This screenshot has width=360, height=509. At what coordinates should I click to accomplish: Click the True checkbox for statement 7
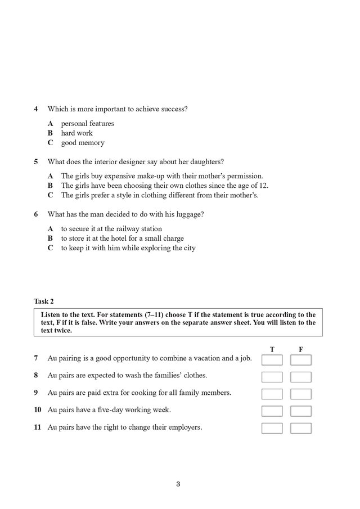tap(272, 360)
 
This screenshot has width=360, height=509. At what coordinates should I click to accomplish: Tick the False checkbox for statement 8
tap(301, 377)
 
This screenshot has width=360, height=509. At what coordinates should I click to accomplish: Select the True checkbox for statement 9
tap(272, 394)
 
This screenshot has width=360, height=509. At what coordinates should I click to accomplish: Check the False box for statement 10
tap(301, 411)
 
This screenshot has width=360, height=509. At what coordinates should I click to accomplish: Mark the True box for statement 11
tap(272, 428)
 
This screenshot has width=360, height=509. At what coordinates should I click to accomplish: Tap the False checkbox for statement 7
tap(301, 360)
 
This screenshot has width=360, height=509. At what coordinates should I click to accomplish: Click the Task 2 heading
tap(44, 301)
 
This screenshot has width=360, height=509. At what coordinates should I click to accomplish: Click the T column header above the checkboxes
tap(272, 349)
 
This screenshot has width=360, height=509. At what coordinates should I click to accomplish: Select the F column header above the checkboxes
tap(301, 349)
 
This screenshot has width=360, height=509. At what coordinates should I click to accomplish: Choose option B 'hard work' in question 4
tap(76, 133)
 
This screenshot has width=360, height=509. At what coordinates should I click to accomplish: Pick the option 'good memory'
tap(83, 143)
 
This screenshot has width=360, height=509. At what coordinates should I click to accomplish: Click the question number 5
tap(36, 161)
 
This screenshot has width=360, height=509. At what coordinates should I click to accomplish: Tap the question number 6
tap(36, 214)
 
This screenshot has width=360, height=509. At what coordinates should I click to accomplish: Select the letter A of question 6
tap(50, 229)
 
